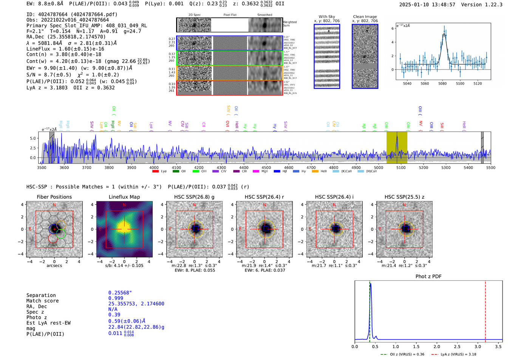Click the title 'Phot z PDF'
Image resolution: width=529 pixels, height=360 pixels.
[x=428, y=277]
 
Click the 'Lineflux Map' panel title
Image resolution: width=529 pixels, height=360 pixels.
[x=124, y=197]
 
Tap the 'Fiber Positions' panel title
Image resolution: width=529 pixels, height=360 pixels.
[x=54, y=197]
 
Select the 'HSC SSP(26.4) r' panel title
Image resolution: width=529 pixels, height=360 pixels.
[x=264, y=197]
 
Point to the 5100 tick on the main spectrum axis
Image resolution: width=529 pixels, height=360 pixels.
[x=401, y=167]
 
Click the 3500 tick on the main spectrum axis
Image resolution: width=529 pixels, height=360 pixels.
[x=42, y=167]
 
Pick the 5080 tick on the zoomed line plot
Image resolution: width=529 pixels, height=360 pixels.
[x=442, y=83]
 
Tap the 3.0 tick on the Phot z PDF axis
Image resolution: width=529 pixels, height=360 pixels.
[x=478, y=346]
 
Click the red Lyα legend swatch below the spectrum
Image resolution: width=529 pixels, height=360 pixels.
[x=155, y=172]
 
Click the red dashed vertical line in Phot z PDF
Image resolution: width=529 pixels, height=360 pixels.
[x=485, y=310]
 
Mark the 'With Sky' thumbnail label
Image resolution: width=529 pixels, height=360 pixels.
[x=327, y=17]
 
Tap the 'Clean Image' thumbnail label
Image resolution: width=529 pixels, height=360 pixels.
[x=365, y=17]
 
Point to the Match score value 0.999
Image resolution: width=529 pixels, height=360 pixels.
[x=116, y=298]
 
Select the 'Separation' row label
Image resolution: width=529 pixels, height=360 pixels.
[x=41, y=295]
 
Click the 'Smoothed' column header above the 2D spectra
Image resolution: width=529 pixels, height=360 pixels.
[x=264, y=15]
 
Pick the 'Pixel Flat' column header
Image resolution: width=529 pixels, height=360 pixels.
[x=230, y=15]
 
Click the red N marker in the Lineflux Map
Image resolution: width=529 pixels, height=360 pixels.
[x=124, y=205]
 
